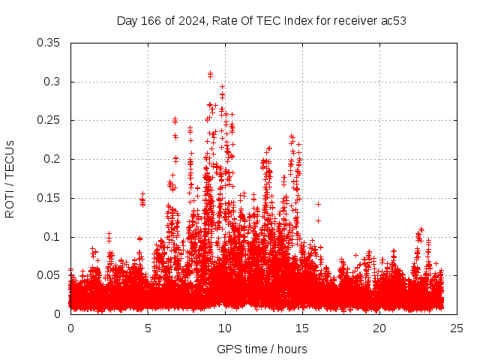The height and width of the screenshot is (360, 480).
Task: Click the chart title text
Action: click(261, 20)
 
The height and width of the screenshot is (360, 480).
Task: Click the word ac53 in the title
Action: click(393, 20)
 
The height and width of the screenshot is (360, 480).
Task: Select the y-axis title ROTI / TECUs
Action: click(10, 178)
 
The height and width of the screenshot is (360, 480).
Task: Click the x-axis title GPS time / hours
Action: click(261, 349)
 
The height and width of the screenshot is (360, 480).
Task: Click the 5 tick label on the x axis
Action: click(148, 328)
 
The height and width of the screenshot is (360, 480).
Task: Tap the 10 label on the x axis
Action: click(225, 328)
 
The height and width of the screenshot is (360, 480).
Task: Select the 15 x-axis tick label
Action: click(302, 328)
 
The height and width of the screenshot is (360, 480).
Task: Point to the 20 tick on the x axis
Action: click(379, 328)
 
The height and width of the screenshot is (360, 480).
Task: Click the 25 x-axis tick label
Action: click(457, 328)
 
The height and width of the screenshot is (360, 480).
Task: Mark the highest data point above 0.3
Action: click(211, 73)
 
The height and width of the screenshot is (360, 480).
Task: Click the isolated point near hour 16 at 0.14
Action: click(318, 204)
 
